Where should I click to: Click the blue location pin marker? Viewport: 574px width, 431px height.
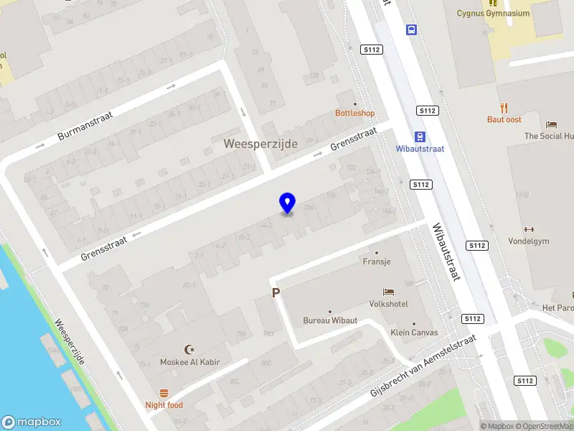(287, 203)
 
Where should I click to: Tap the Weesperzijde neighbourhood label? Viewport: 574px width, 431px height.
(260, 144)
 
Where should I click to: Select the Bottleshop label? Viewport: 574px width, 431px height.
(355, 113)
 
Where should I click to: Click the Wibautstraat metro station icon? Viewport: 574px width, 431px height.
(419, 136)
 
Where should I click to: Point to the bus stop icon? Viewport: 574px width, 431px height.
(412, 30)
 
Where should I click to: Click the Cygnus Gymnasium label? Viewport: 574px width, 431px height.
(493, 13)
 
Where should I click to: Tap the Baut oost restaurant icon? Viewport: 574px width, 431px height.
(504, 108)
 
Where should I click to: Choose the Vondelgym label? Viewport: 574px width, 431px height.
(529, 241)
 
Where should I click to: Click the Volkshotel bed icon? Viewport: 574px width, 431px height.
(389, 292)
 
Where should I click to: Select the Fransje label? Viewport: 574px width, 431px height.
(377, 261)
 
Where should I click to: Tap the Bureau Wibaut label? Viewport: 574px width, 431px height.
(329, 320)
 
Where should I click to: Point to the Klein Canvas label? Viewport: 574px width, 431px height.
(414, 332)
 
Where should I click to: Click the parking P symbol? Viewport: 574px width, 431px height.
(275, 293)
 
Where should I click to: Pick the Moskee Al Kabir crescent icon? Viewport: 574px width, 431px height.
(189, 349)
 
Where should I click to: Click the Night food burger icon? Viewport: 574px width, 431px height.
(164, 393)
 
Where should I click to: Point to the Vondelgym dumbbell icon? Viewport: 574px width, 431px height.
(529, 229)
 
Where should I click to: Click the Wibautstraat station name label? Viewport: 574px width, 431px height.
(420, 149)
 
